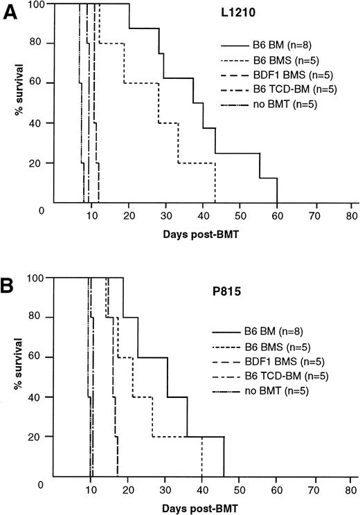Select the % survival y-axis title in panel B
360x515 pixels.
click(x=12, y=377)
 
